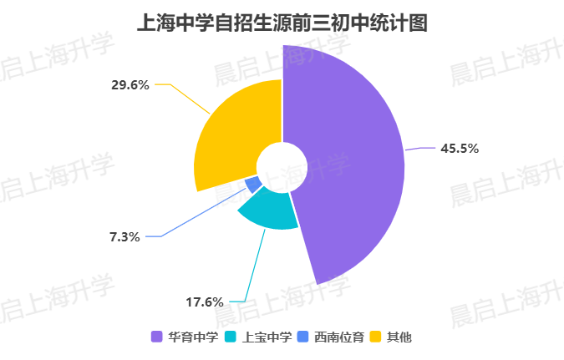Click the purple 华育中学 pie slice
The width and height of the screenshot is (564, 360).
[351, 167]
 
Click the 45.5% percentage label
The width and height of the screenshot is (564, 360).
[459, 149]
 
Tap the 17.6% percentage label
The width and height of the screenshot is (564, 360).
[203, 302]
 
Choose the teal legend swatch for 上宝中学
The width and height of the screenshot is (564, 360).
[231, 337]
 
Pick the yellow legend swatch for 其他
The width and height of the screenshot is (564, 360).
[377, 337]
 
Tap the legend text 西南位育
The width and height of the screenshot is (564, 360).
[339, 337]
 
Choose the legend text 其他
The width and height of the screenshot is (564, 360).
[400, 337]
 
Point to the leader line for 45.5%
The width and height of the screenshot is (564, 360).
[422, 149]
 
